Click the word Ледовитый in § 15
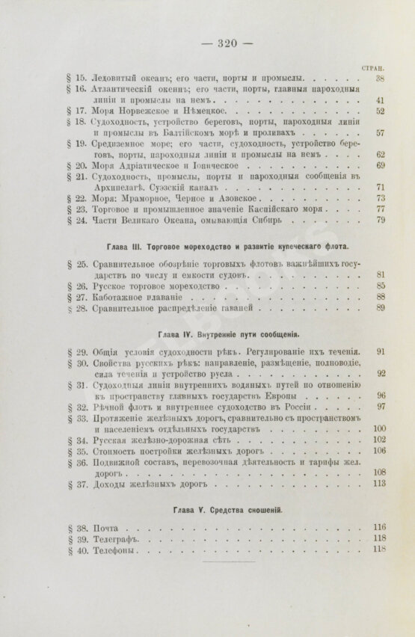112,78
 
